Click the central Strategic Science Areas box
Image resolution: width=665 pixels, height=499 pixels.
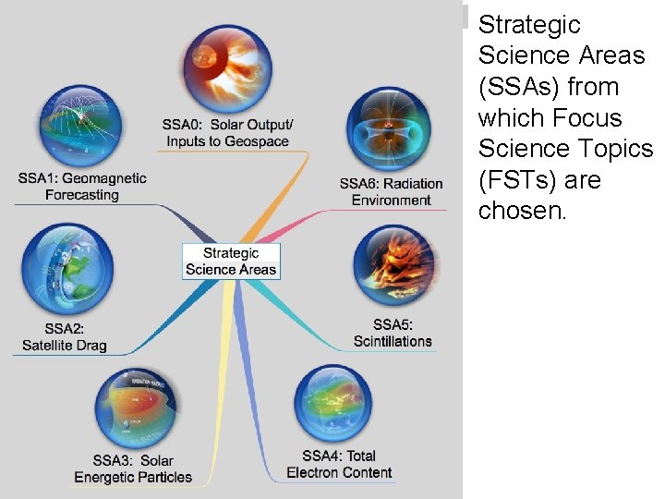[x=231, y=261]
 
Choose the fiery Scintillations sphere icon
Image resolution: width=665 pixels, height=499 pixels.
[x=393, y=266]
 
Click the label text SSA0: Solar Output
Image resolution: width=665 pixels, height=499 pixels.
[x=227, y=125]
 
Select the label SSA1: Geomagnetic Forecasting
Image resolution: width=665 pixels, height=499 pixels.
[x=81, y=186]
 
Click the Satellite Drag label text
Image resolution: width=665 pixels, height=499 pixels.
[x=65, y=346]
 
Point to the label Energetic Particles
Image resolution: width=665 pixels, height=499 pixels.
[x=134, y=477]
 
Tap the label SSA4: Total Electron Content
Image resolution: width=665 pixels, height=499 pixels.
[x=339, y=464]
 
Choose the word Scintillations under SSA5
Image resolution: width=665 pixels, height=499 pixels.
[x=393, y=341]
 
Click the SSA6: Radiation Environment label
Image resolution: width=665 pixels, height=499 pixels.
[x=391, y=191]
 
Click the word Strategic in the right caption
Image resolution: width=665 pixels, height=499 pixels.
[x=529, y=24]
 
